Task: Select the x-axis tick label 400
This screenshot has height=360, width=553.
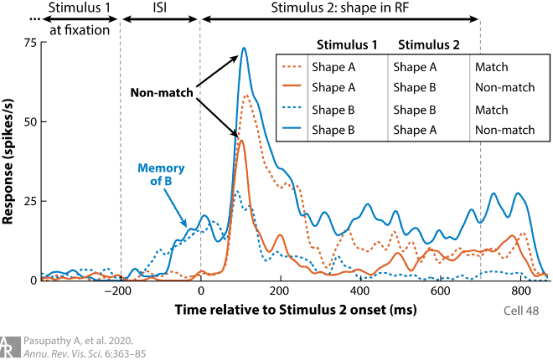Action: tap(360, 292)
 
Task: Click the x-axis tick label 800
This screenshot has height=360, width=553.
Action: tap(520, 292)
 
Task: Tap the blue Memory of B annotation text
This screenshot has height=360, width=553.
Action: tap(161, 176)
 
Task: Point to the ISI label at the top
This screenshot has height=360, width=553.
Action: tap(160, 9)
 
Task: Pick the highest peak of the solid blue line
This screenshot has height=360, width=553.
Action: tap(244, 48)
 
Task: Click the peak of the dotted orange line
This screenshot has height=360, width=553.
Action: tap(247, 95)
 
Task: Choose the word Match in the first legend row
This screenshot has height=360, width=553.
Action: tap(490, 66)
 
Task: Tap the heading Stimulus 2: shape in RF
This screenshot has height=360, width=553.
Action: tap(339, 9)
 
